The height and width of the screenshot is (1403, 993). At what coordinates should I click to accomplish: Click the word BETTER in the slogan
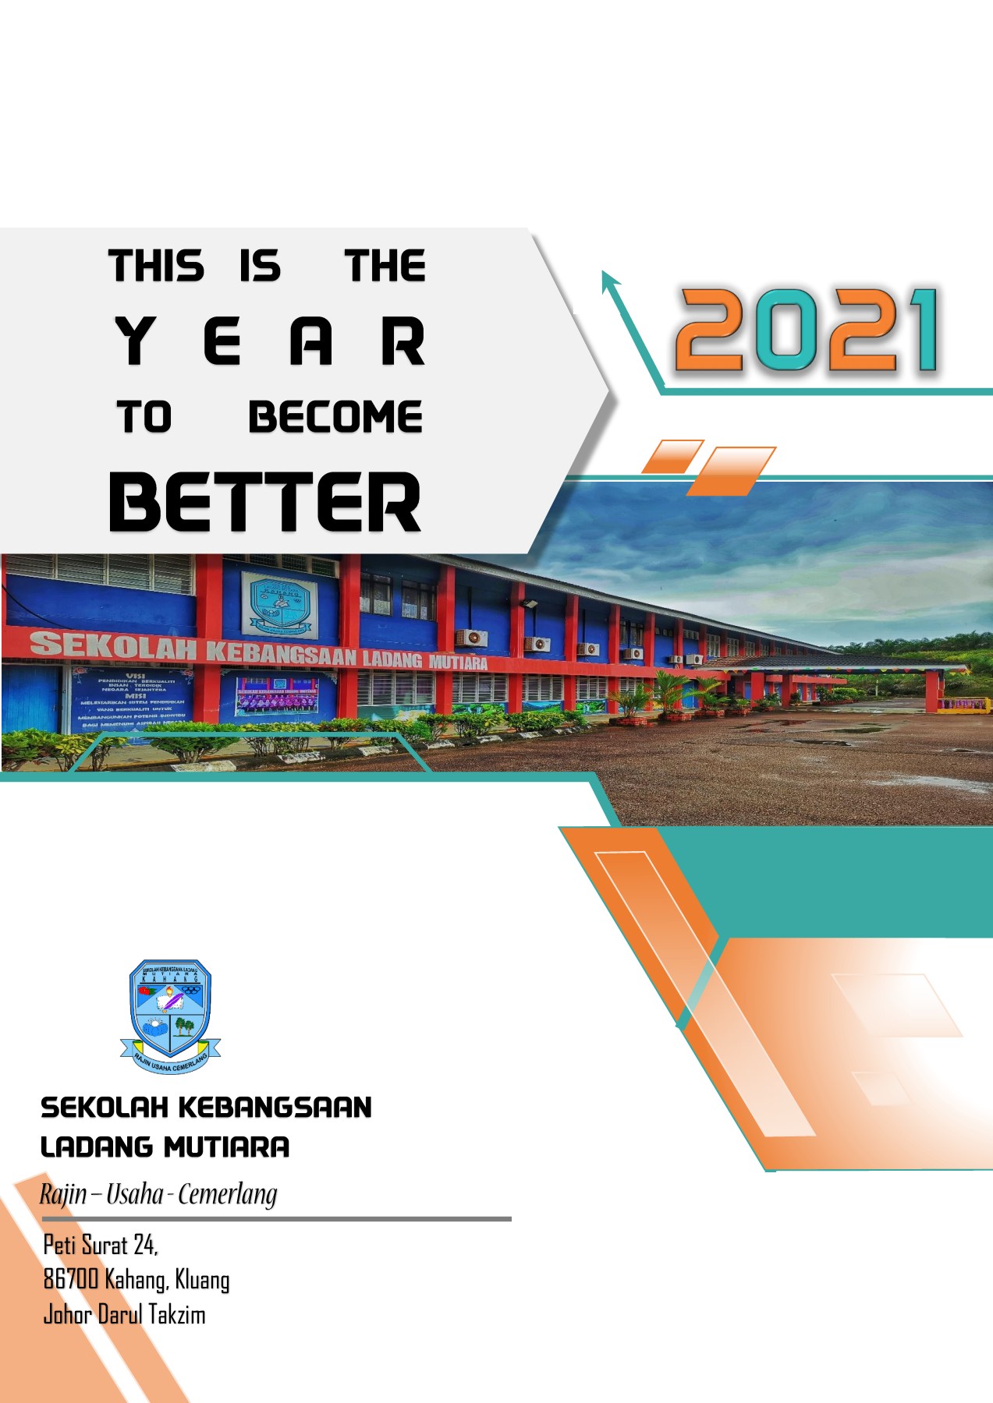pos(265,502)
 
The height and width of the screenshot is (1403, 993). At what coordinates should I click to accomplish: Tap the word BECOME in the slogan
pos(335,417)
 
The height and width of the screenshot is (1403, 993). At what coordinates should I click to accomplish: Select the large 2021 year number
pos(808,330)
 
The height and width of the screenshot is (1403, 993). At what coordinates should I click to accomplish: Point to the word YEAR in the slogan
pos(270,341)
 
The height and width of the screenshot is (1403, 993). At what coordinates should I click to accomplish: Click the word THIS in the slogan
pos(156,266)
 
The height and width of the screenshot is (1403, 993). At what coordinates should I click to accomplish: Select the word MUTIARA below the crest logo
pos(227,1147)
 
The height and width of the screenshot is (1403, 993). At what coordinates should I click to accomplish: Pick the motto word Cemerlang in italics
pos(228,1194)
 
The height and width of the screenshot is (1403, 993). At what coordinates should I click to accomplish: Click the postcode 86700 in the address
pos(71,1279)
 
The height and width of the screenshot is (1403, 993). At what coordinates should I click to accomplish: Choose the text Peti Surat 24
pos(101,1245)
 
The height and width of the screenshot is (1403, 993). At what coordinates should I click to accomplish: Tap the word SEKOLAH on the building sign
pos(113,645)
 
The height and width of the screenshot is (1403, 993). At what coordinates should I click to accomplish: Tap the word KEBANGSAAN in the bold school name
pos(275,1108)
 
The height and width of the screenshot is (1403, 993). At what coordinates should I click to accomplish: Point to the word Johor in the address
pos(68,1315)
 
